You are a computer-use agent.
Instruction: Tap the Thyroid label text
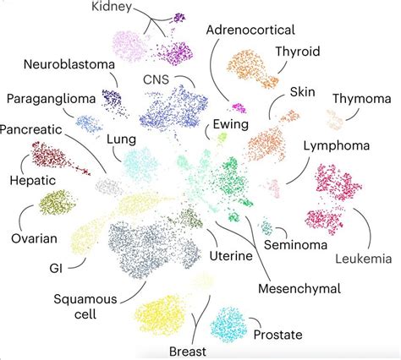(297, 51)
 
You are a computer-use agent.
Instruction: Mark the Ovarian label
(35, 238)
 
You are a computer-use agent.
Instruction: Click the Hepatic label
(31, 180)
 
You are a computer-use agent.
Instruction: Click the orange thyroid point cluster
(252, 68)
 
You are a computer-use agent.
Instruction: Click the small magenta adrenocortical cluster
(239, 107)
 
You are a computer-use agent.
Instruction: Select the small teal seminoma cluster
(267, 227)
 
